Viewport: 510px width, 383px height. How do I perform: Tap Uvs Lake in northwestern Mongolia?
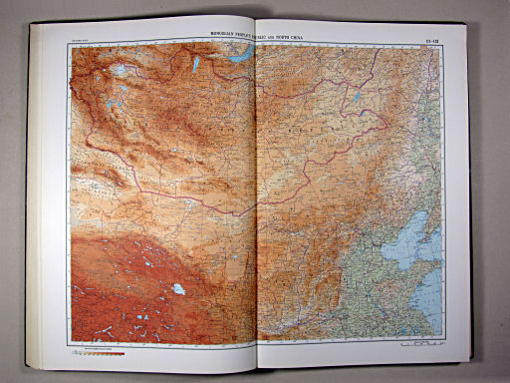pyautogui.click(x=121, y=71)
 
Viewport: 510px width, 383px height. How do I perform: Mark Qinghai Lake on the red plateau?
pyautogui.click(x=178, y=288)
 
